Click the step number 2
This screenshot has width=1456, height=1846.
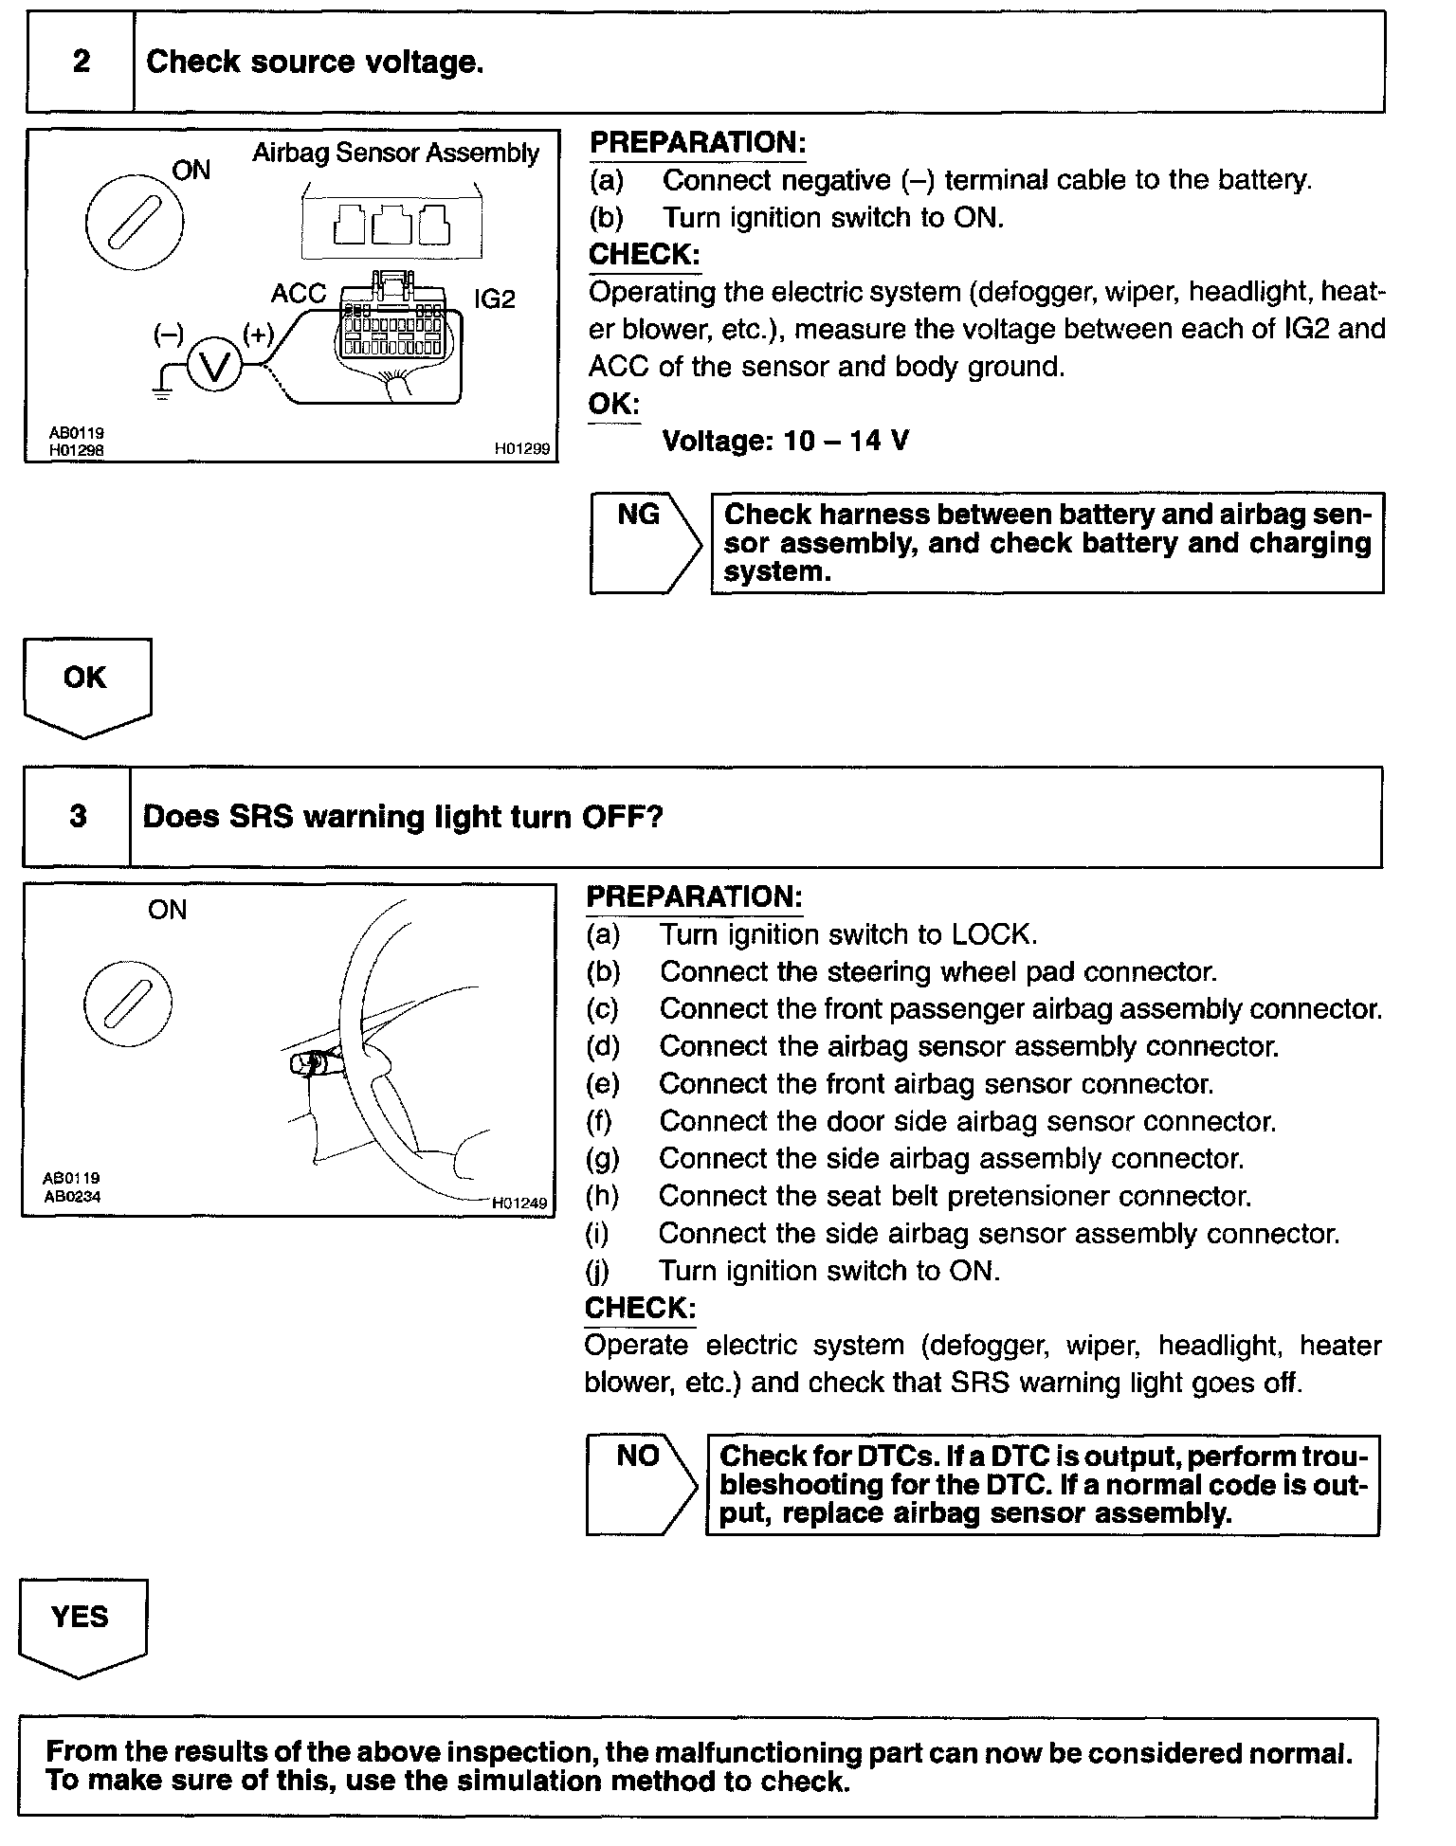point(82,63)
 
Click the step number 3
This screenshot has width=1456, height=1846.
point(78,817)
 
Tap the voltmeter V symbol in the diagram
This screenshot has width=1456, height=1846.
point(214,366)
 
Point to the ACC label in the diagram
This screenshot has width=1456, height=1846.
point(298,295)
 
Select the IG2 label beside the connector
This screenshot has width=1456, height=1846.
point(495,299)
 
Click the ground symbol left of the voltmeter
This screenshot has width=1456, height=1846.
point(162,392)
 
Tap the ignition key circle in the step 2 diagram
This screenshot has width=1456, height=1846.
point(134,224)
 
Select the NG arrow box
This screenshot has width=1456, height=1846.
point(644,543)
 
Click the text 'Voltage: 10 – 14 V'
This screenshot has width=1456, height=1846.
point(785,442)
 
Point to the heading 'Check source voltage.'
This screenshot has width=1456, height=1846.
point(315,63)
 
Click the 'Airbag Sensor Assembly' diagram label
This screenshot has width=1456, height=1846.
point(395,154)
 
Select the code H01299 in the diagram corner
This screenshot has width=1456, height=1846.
point(521,449)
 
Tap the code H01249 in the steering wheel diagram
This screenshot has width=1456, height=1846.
point(519,1204)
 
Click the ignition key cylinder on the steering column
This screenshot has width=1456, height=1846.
point(309,1065)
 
